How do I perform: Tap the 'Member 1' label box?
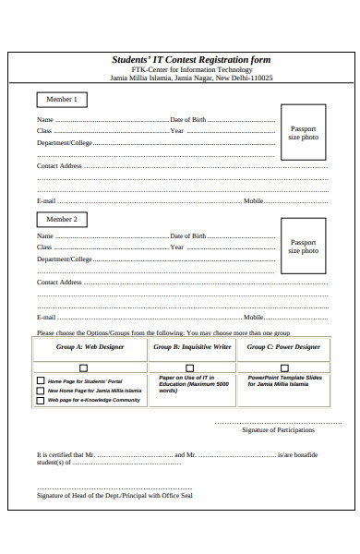coord(62,99)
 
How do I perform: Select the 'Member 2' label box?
coord(62,220)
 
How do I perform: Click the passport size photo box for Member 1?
coord(303,133)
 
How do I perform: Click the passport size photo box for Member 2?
coord(303,247)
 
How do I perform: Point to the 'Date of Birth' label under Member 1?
coord(188,120)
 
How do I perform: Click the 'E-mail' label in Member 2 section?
coord(46,317)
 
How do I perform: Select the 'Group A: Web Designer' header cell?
coord(90,347)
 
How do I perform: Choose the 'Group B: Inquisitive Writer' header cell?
coord(193,347)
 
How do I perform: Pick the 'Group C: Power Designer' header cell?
coord(283,347)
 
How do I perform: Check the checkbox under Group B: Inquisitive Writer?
coord(193,367)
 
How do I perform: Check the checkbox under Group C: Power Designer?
coord(283,367)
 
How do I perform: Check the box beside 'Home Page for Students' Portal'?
coord(40,380)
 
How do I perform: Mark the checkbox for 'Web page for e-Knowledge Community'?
coord(40,401)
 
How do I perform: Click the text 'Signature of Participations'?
coord(278,430)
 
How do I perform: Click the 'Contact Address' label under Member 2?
coord(59,282)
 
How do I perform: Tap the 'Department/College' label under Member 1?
coord(65,143)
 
